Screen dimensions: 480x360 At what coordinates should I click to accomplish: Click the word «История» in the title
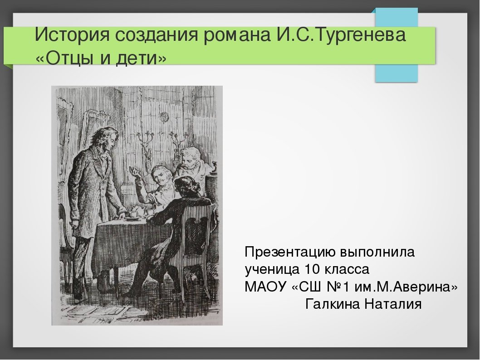(72, 34)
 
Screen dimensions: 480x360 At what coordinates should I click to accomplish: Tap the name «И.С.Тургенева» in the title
(342, 34)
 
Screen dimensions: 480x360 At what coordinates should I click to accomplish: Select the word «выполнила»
(377, 253)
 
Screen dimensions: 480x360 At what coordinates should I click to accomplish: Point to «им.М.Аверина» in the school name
(406, 287)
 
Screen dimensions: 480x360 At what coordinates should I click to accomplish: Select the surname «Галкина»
(333, 304)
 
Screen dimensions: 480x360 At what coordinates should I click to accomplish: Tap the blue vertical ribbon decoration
(397, 45)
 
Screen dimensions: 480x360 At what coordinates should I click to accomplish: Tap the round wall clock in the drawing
(164, 117)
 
